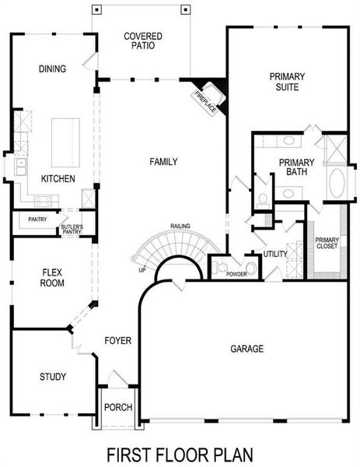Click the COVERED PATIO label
click(142, 40)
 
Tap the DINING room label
click(52, 68)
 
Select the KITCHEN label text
click(58, 179)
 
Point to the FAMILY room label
click(163, 162)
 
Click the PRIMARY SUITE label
click(287, 82)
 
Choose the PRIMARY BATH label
click(296, 168)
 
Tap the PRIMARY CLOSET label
click(327, 244)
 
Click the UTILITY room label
click(275, 255)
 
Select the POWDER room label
click(236, 274)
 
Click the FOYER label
click(118, 341)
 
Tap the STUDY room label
click(53, 377)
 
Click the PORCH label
click(118, 407)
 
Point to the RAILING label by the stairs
click(181, 226)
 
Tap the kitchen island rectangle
click(66, 139)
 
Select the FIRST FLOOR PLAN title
click(180, 453)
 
